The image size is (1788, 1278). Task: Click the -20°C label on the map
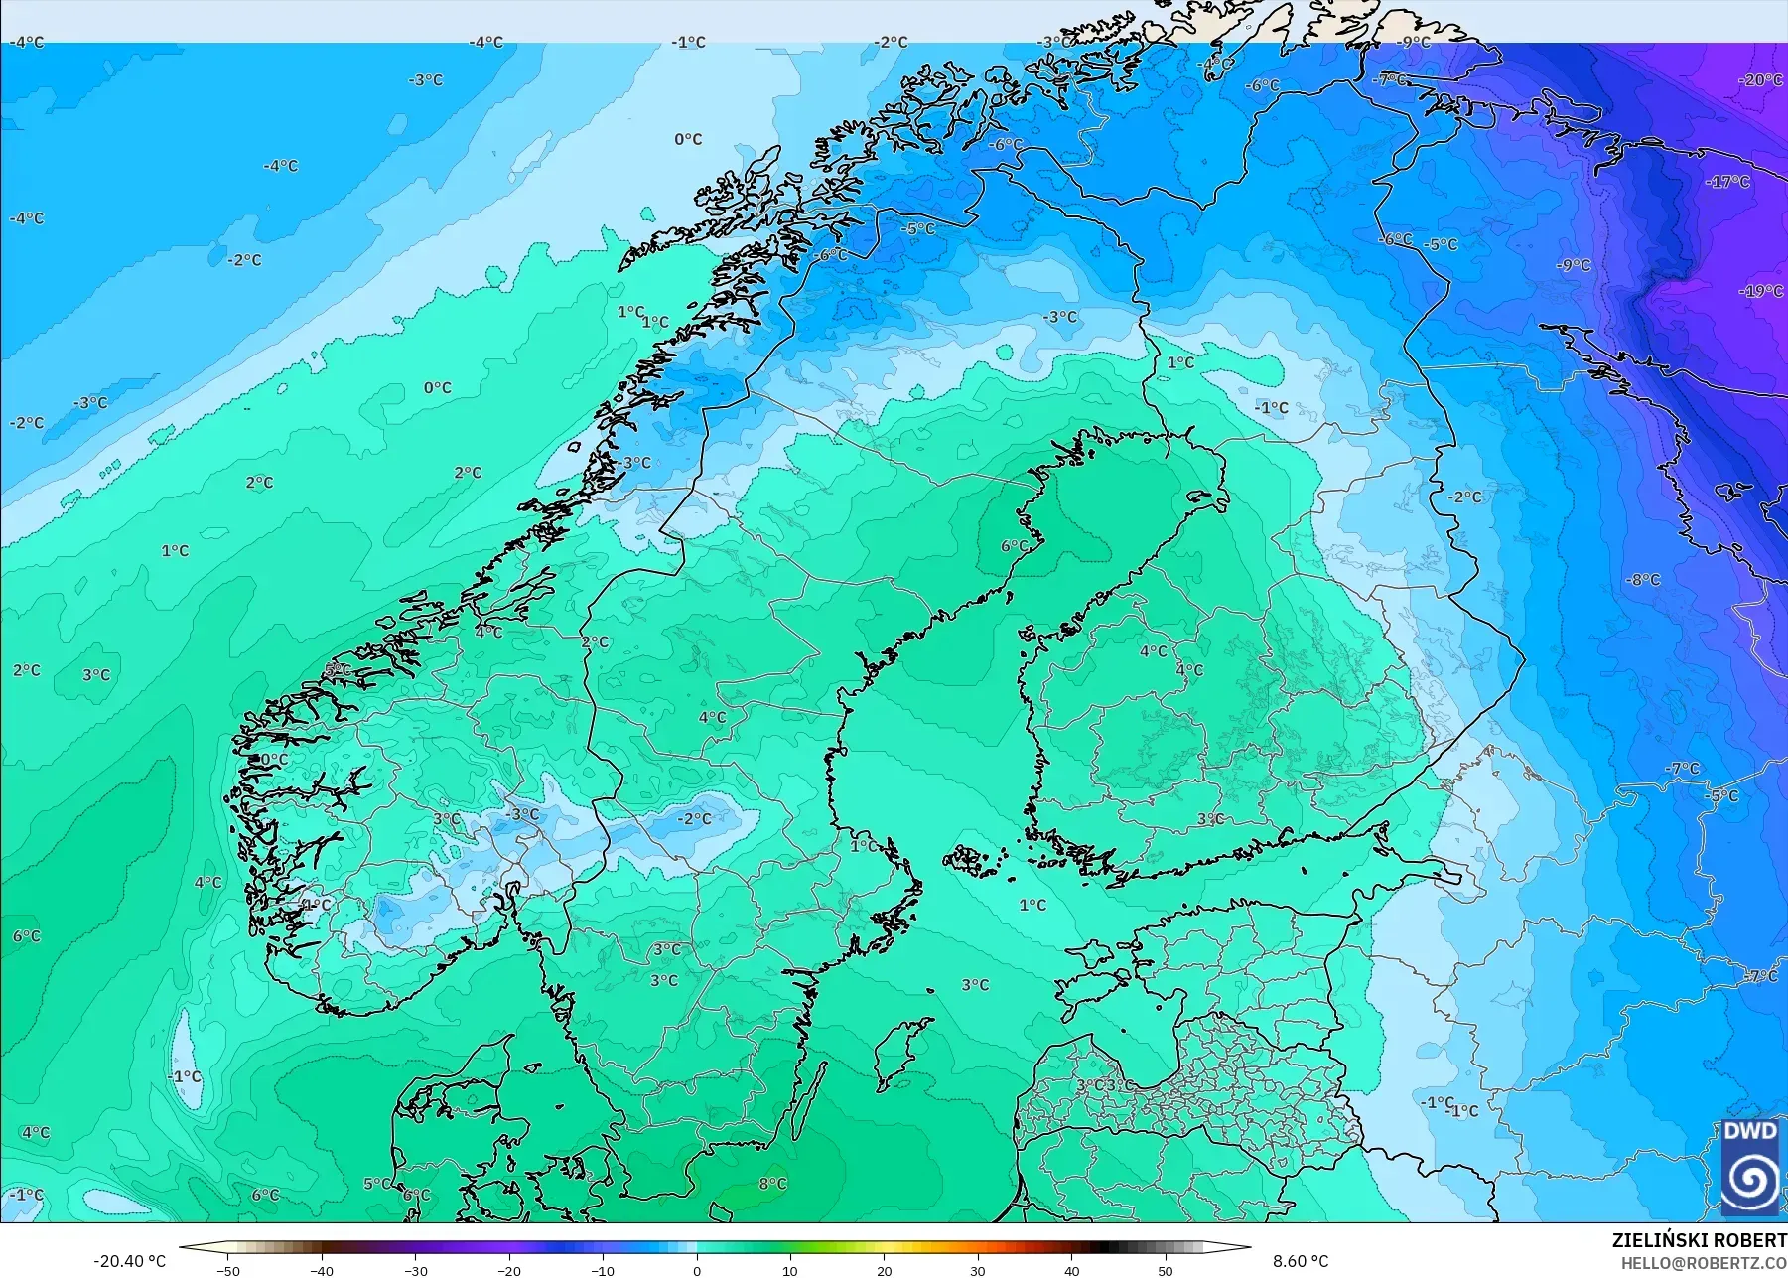coord(1762,80)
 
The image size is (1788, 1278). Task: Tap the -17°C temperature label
coord(1728,182)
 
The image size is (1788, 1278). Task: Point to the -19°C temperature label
coord(1761,291)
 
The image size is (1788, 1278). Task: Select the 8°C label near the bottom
coord(772,1184)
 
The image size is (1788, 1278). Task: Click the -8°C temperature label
coord(1643,580)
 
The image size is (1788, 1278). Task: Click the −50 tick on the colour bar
coord(228,1270)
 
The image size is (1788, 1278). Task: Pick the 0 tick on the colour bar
coord(697,1270)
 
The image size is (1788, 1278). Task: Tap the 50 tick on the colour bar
coord(1166,1270)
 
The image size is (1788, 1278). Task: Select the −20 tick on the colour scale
coord(509,1270)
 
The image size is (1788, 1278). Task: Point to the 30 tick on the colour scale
coord(978,1270)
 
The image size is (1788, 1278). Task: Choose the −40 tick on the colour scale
coord(322,1270)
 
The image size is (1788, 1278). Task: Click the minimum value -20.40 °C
coord(130,1261)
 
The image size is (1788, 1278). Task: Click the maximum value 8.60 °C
coord(1301,1261)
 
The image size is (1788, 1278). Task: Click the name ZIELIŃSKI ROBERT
coord(1699,1240)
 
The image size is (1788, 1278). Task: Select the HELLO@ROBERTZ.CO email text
coord(1704,1263)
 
